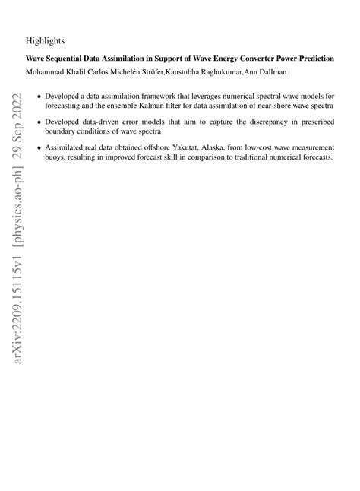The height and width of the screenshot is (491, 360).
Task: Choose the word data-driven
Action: coord(102,122)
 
